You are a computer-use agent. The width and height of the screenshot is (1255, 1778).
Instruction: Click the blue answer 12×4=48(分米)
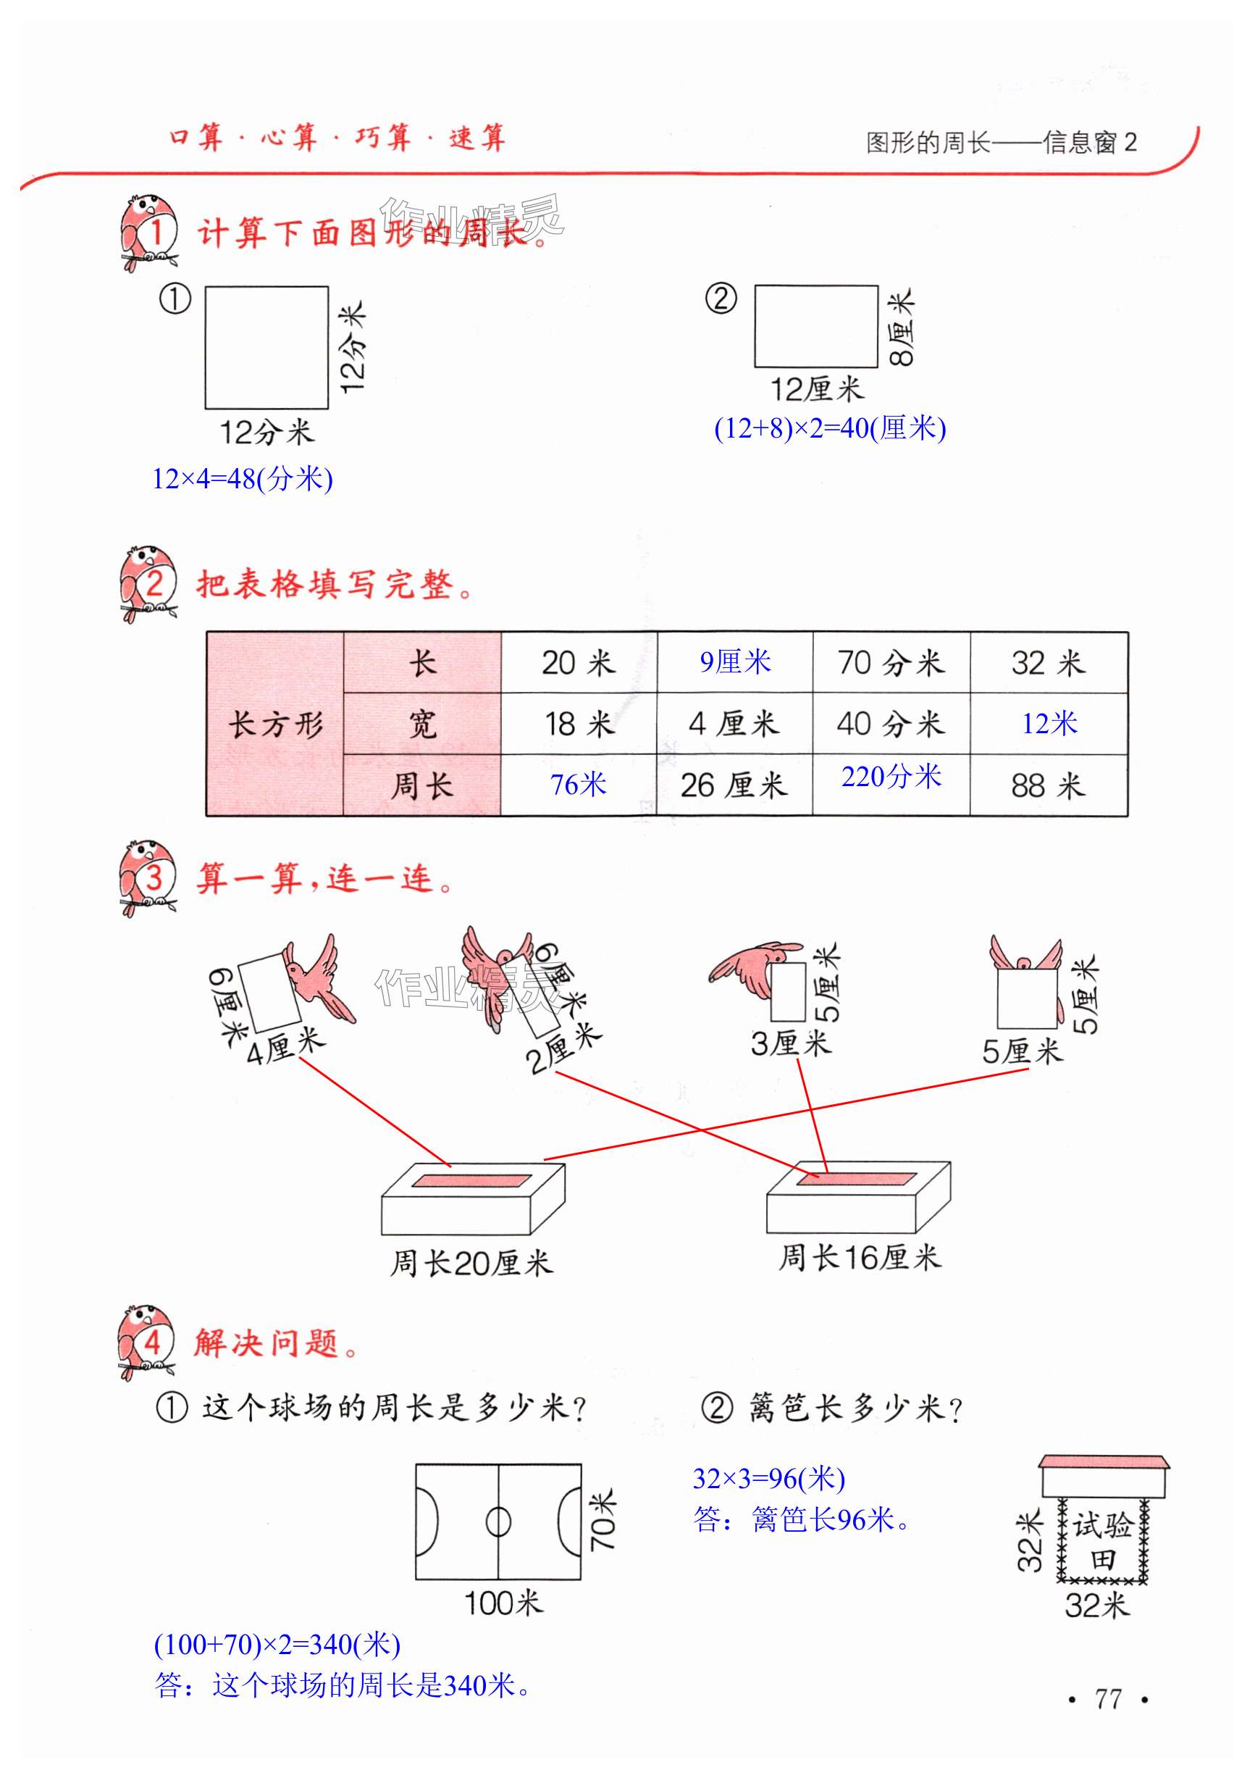click(x=243, y=480)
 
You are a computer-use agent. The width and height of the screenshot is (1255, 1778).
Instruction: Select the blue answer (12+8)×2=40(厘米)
click(x=830, y=428)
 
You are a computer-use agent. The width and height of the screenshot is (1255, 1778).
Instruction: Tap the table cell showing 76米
click(x=579, y=785)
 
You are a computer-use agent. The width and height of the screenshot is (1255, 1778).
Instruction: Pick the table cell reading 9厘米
click(x=735, y=662)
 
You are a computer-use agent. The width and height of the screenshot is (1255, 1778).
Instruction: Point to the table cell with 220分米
click(x=891, y=777)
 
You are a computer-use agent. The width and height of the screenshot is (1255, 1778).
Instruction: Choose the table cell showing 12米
click(x=1049, y=724)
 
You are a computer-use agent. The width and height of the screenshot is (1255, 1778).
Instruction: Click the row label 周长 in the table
click(x=422, y=786)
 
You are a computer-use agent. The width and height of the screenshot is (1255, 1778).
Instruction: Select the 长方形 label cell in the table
click(x=275, y=725)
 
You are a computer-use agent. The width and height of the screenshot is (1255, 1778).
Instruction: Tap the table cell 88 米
click(x=1049, y=786)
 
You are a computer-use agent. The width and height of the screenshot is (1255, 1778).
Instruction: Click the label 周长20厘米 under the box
click(x=471, y=1264)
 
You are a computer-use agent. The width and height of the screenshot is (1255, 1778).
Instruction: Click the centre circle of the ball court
click(x=498, y=1522)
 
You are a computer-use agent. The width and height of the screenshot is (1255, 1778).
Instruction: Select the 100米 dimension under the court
click(x=503, y=1603)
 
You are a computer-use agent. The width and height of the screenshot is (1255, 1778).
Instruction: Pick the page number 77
click(x=1108, y=1700)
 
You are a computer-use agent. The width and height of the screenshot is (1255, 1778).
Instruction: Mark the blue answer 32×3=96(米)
click(x=768, y=1479)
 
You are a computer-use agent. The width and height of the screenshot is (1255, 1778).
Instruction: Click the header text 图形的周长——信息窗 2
click(x=1001, y=143)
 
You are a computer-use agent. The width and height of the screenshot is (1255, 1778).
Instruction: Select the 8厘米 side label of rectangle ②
click(x=901, y=327)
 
